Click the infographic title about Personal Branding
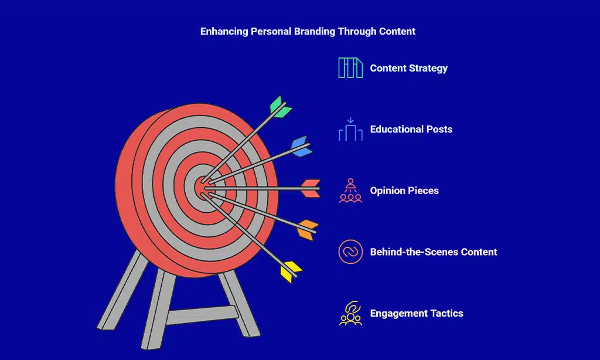[x=308, y=32]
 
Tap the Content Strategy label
[x=408, y=68]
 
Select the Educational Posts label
[x=411, y=129]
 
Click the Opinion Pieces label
[x=404, y=191]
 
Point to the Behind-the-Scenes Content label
[x=434, y=252]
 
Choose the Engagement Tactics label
[x=417, y=313]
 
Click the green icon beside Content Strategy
[x=350, y=68]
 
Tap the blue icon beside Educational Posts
[x=350, y=130]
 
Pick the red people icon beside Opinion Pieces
[x=350, y=191]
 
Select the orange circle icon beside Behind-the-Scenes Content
[x=350, y=252]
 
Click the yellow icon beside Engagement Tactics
[x=350, y=313]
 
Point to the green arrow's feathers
[x=280, y=107]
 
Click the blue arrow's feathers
[x=301, y=147]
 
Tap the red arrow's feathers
[x=311, y=188]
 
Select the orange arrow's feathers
[x=307, y=229]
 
